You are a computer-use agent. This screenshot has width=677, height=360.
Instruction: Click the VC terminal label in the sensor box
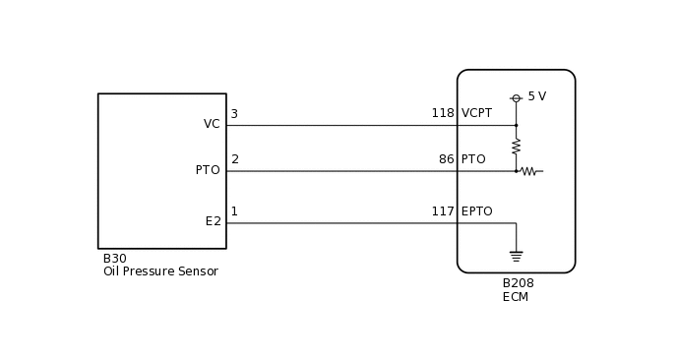(x=212, y=124)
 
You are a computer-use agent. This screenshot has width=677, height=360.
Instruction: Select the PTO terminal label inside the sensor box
(x=208, y=170)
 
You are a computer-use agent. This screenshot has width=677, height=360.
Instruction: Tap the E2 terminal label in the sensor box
(x=213, y=221)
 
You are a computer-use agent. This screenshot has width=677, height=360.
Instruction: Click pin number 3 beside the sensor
(x=234, y=114)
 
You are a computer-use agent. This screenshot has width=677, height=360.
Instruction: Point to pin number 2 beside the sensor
(x=235, y=159)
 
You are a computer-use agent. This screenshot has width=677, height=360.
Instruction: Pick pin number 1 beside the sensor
(x=234, y=211)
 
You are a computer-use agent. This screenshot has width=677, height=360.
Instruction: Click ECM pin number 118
(x=443, y=113)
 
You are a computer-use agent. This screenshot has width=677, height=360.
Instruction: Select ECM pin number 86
(x=447, y=159)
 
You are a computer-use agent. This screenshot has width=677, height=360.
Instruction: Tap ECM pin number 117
(x=443, y=211)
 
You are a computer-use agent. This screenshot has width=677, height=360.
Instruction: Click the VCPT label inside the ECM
(x=476, y=113)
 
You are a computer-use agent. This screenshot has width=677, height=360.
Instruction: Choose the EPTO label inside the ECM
(x=476, y=211)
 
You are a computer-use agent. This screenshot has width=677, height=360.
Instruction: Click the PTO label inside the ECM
(x=473, y=159)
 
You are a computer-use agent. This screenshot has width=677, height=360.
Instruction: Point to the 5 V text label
(x=536, y=96)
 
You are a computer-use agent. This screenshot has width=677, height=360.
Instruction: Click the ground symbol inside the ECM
(x=516, y=257)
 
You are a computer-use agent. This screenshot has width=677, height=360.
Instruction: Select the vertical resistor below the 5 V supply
(x=516, y=146)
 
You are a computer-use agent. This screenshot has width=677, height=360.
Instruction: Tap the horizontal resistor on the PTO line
(x=528, y=171)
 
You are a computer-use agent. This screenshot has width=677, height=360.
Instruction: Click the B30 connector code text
(x=114, y=259)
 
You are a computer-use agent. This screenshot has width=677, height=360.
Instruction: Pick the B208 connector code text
(x=518, y=283)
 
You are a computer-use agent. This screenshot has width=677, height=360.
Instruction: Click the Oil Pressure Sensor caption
(x=160, y=271)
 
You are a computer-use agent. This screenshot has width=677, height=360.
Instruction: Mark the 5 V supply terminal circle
(x=516, y=98)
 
